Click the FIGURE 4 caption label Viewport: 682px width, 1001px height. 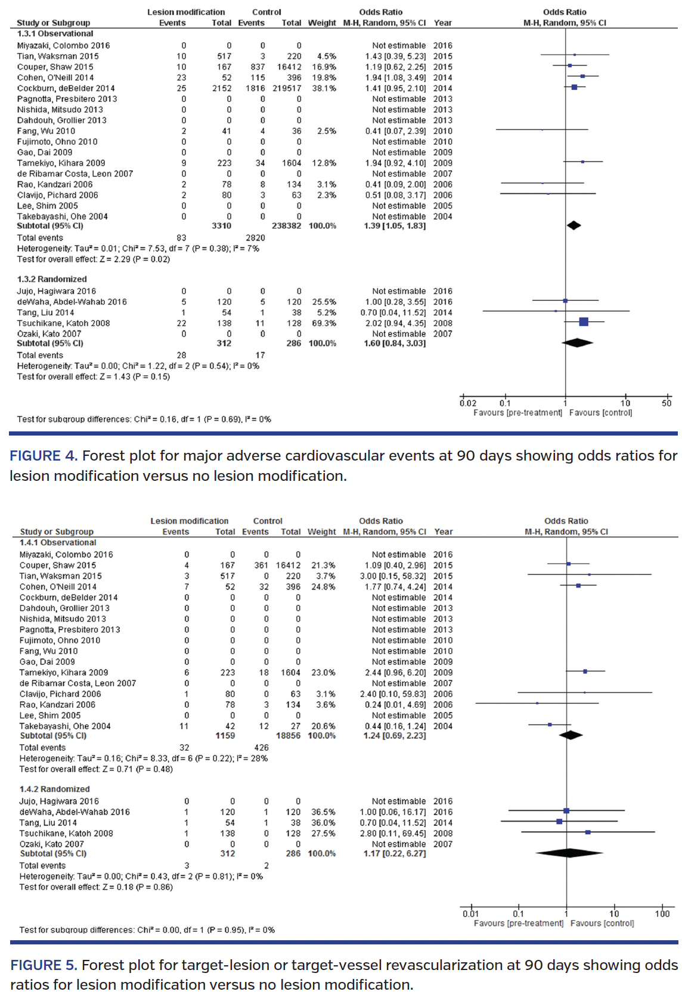[43, 456]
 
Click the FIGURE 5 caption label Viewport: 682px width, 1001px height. [44, 965]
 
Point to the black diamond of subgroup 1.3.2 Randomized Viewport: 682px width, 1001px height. [577, 343]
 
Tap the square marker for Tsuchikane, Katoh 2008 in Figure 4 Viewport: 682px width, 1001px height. [584, 322]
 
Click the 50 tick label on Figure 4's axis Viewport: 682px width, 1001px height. [666, 403]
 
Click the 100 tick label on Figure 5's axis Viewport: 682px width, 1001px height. [662, 913]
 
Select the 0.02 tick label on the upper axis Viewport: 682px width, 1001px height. [468, 403]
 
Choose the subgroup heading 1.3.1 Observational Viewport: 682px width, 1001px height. [55, 34]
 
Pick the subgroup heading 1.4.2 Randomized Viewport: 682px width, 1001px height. [54, 789]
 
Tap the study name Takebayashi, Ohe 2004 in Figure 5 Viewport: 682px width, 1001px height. [65, 726]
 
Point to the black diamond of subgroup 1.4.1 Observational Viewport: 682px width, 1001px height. [571, 735]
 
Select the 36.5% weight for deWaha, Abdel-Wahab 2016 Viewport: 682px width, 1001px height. [323, 812]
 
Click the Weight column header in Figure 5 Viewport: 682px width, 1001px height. [322, 531]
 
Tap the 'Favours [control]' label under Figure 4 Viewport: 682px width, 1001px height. [600, 412]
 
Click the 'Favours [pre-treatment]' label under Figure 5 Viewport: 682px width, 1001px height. [518, 923]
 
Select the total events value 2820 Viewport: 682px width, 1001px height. [255, 237]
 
